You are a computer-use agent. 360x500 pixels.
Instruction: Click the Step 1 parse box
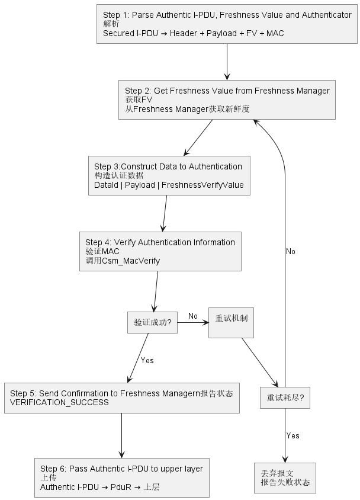tap(227, 24)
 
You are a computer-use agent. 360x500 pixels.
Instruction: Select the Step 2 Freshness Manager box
tap(227, 100)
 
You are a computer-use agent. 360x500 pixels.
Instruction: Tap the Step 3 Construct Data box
tap(169, 175)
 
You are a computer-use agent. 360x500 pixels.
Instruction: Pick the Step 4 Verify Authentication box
tap(160, 251)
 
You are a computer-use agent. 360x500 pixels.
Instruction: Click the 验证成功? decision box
tap(152, 322)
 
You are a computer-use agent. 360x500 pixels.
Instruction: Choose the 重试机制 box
tap(231, 322)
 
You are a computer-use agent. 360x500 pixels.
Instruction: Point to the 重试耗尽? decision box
tap(285, 398)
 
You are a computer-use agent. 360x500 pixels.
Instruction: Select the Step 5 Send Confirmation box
tap(122, 398)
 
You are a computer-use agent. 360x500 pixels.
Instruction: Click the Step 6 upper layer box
tap(122, 477)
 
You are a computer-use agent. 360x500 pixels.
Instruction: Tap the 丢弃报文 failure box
tap(285, 477)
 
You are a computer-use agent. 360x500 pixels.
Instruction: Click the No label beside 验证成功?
tap(193, 316)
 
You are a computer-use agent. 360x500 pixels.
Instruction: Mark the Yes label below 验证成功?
tap(147, 360)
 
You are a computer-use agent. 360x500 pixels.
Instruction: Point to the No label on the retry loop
tap(291, 252)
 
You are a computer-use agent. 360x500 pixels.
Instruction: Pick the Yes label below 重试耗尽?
tap(292, 435)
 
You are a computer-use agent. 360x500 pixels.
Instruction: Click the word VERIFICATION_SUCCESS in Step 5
tap(59, 402)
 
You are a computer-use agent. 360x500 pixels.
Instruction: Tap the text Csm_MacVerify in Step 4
tap(131, 261)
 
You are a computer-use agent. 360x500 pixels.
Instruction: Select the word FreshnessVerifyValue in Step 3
tap(202, 185)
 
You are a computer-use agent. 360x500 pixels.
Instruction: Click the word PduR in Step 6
tap(121, 487)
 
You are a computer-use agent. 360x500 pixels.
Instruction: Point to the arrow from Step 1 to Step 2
tap(227, 62)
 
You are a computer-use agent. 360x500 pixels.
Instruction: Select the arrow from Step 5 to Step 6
tap(122, 435)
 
